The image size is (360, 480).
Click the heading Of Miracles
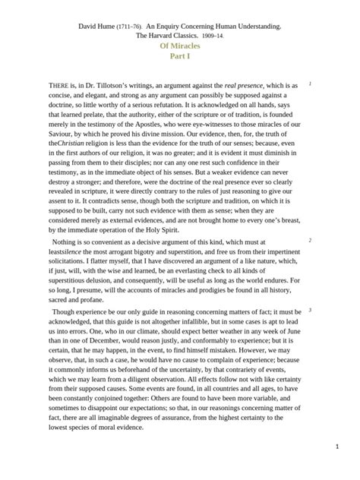[179, 46]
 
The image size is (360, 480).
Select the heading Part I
[179, 56]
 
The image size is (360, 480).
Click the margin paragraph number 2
[310, 240]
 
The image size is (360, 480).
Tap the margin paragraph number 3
[310, 311]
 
